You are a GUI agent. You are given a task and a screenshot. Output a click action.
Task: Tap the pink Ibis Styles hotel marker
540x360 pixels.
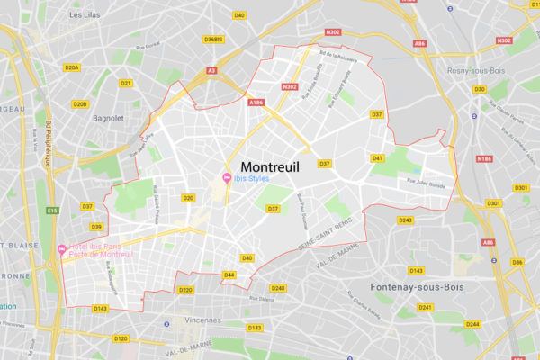tap(227, 175)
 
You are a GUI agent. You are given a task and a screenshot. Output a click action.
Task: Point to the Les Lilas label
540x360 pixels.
tap(85, 15)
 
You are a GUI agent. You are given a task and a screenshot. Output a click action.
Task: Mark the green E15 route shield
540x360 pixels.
tap(52, 211)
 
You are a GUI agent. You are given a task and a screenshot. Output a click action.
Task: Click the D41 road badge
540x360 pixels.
tap(378, 158)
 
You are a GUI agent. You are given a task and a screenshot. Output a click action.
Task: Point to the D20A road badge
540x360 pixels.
tap(72, 67)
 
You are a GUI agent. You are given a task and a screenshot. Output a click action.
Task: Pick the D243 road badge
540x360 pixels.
tap(405, 220)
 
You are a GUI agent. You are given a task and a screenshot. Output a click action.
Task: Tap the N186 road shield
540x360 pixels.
tap(484, 158)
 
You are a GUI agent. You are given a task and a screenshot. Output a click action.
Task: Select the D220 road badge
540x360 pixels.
tap(185, 290)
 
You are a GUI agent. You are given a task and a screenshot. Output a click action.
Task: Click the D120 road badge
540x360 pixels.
tap(121, 338)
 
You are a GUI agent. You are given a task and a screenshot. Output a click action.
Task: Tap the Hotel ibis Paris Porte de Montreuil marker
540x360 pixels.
tap(61, 249)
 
